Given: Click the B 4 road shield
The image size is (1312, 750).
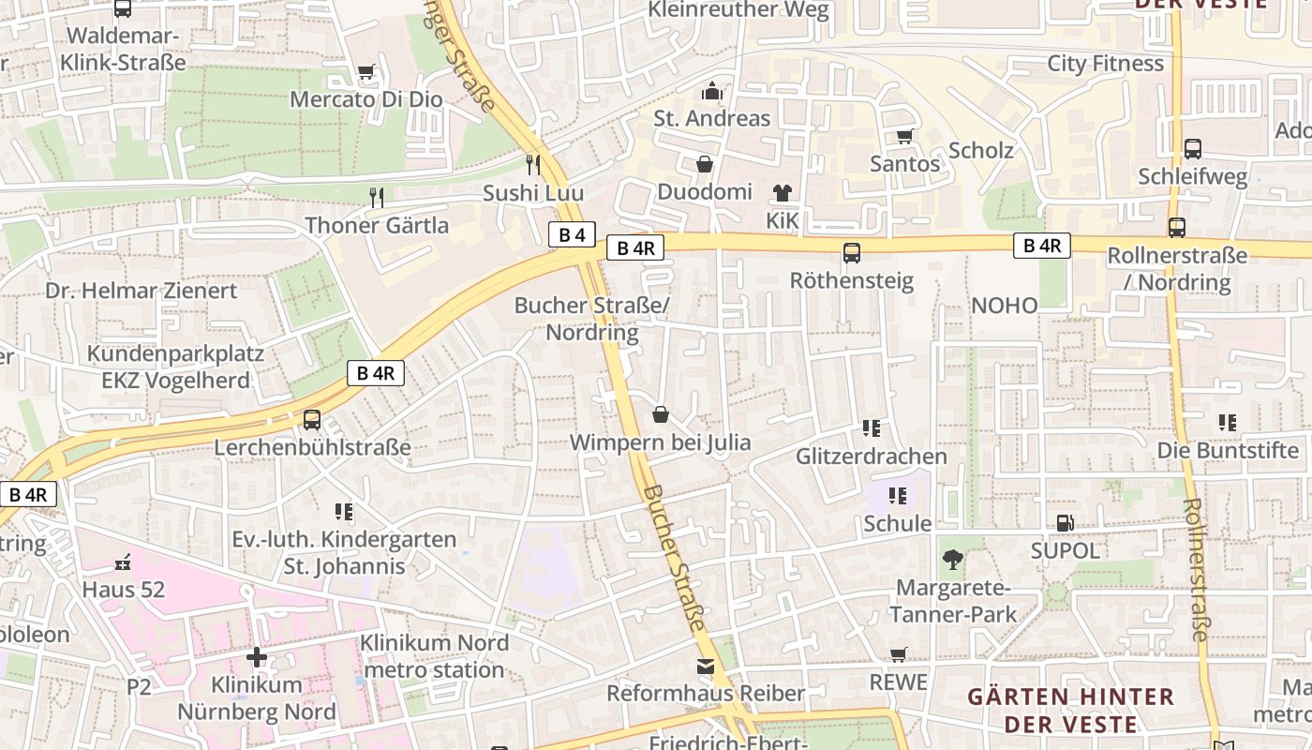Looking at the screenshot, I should point(572,234).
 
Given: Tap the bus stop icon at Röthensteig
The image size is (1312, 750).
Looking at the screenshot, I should point(851,252).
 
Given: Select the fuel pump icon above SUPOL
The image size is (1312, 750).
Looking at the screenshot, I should point(1065,523).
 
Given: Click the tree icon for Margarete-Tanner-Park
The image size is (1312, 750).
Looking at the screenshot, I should point(953,560).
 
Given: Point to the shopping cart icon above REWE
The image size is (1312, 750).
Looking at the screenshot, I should point(898,654).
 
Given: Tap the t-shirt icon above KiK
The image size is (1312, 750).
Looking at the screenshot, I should point(782,193).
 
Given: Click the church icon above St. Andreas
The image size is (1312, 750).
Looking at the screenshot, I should point(712,91).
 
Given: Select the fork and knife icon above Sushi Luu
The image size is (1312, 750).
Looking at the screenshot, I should point(533,165).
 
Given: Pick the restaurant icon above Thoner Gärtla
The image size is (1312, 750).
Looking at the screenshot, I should point(377,197).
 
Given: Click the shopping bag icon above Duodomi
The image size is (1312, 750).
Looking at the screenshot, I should point(705,164).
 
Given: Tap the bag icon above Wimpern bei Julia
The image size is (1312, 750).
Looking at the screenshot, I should point(661,414).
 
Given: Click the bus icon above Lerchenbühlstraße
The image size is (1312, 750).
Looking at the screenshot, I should point(312,419).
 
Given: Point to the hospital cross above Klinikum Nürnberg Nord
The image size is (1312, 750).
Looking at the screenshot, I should point(256,657).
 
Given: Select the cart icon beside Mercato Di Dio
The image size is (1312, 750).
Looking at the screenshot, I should point(366,72).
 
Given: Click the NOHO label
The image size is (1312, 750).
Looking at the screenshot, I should point(1004,306).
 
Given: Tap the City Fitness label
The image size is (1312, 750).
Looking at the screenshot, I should point(1105,63).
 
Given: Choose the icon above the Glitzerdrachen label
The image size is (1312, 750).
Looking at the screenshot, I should point(871,428).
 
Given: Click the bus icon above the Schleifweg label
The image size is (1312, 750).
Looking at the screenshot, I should point(1192,148).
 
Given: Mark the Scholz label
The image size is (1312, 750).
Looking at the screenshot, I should point(980,150).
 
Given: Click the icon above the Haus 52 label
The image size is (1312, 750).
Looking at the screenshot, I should point(123,563).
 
